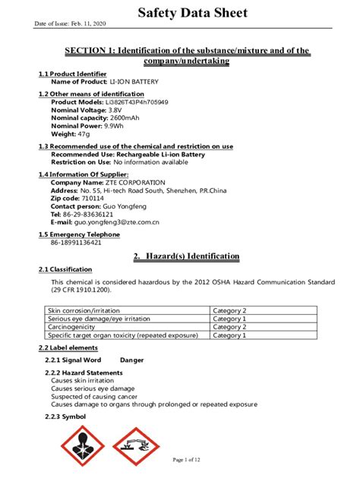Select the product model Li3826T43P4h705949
click(x=137, y=102)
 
